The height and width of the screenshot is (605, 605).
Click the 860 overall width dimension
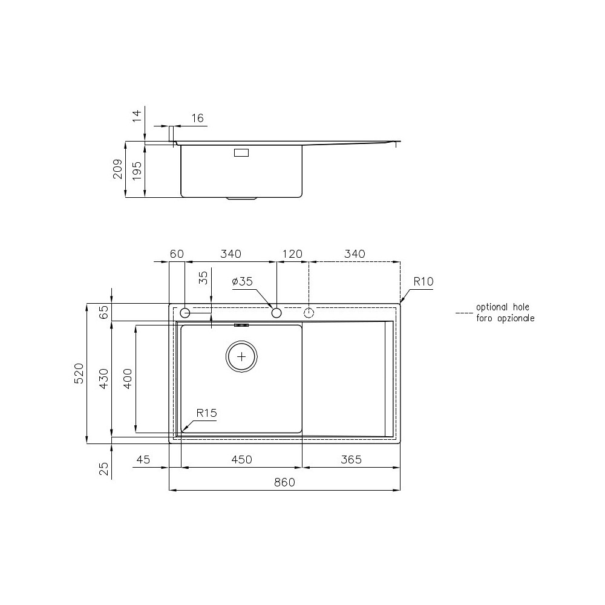(x=284, y=483)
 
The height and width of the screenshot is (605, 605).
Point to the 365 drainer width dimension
(x=350, y=460)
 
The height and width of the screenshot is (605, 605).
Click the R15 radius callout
(x=206, y=413)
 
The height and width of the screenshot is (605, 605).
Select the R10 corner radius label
(x=423, y=281)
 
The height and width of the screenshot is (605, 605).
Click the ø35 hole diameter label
(x=242, y=281)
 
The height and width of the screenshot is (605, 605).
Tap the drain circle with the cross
(x=242, y=356)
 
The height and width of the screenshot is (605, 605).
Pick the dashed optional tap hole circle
(x=309, y=313)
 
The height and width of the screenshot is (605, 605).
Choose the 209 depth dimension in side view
(x=118, y=169)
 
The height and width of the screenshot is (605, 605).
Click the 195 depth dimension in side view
(x=137, y=169)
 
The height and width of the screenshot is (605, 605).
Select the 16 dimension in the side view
(x=197, y=118)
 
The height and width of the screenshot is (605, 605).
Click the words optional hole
(x=502, y=308)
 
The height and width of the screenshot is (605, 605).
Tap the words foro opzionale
(x=505, y=318)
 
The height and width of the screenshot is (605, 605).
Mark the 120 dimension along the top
(x=292, y=254)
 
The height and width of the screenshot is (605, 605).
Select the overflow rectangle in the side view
(x=241, y=153)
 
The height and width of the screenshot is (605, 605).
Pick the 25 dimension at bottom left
(x=104, y=468)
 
